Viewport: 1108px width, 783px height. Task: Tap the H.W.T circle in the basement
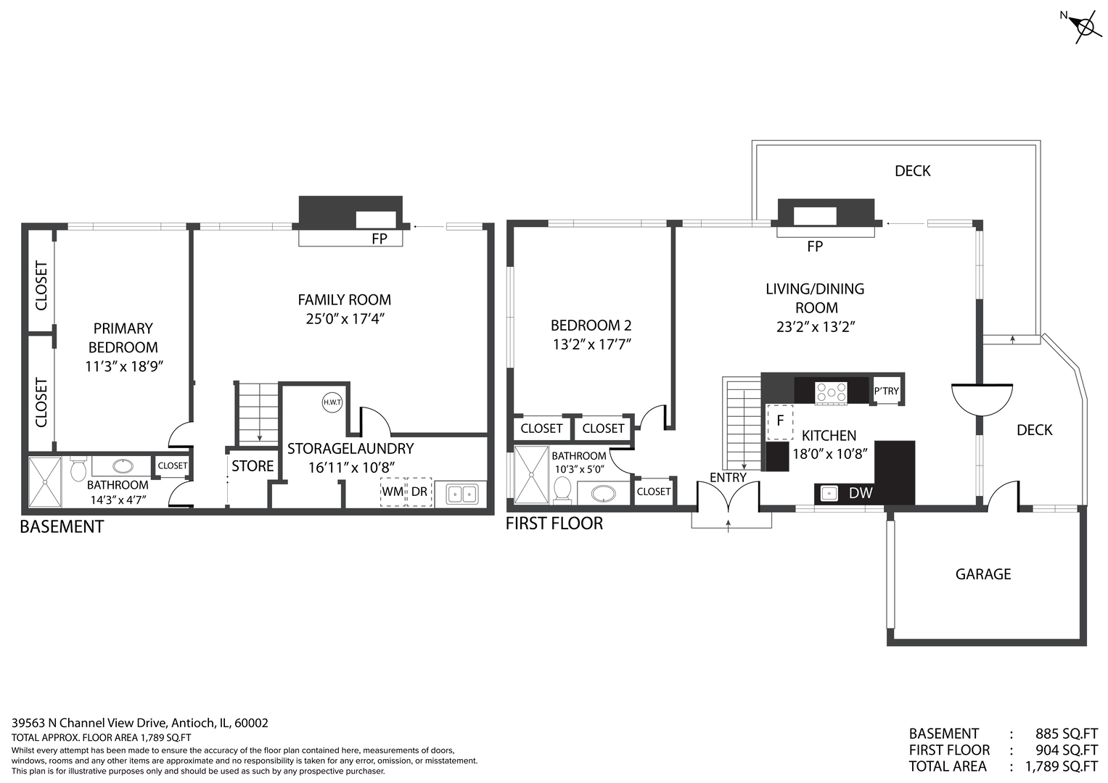pos(332,402)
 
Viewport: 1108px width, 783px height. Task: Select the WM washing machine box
pos(393,492)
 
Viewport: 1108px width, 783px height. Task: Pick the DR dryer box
pos(419,492)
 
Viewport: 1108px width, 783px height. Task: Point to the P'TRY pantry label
pos(887,391)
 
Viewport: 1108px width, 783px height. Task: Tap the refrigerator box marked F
pos(780,422)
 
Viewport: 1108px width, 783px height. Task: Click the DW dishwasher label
pos(861,492)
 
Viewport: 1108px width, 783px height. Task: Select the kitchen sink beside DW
pos(829,493)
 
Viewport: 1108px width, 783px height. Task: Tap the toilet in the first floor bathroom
pos(562,489)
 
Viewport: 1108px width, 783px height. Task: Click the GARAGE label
pos(983,574)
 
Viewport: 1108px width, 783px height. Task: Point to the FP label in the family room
pos(379,239)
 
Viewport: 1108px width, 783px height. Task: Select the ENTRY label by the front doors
pos(728,477)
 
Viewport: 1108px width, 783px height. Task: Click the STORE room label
pos(253,465)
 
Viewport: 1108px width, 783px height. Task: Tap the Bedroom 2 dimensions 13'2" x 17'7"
pos(591,344)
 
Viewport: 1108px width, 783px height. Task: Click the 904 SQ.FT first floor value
pos(1067,750)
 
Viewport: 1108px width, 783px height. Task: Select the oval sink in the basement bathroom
pos(123,466)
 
